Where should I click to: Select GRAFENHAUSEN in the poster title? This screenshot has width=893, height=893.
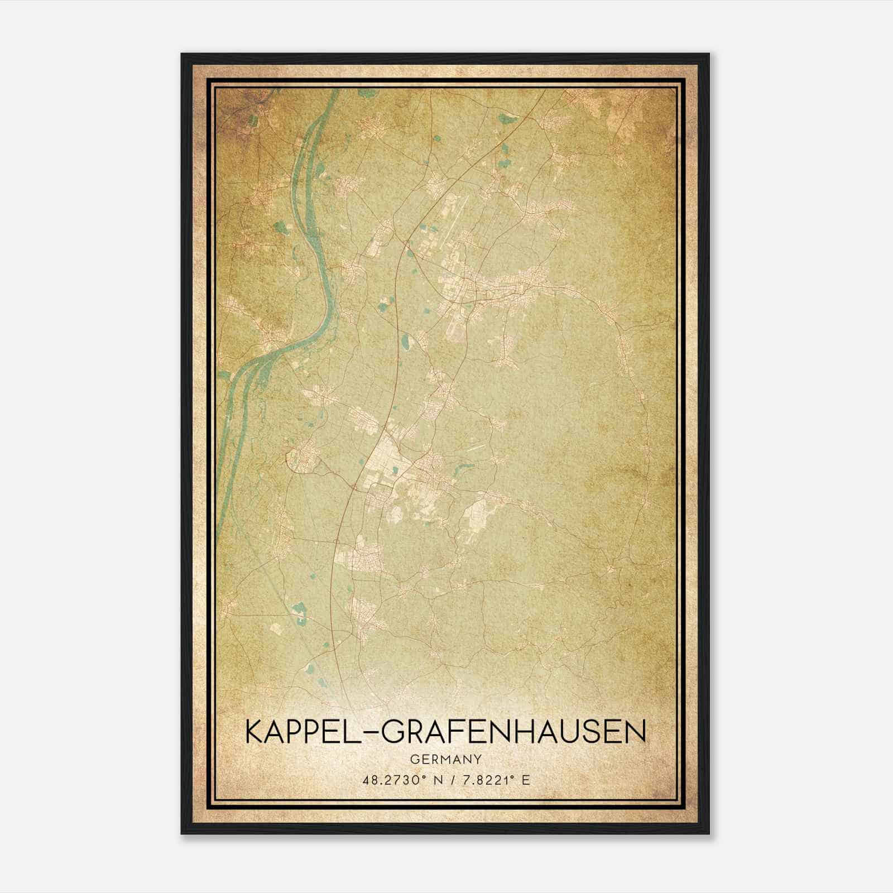(514, 732)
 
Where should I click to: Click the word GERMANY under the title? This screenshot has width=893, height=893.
(445, 760)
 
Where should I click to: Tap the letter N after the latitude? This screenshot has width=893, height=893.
(438, 780)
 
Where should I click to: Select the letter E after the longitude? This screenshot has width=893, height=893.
(525, 780)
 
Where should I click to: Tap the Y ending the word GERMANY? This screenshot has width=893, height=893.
(478, 760)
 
